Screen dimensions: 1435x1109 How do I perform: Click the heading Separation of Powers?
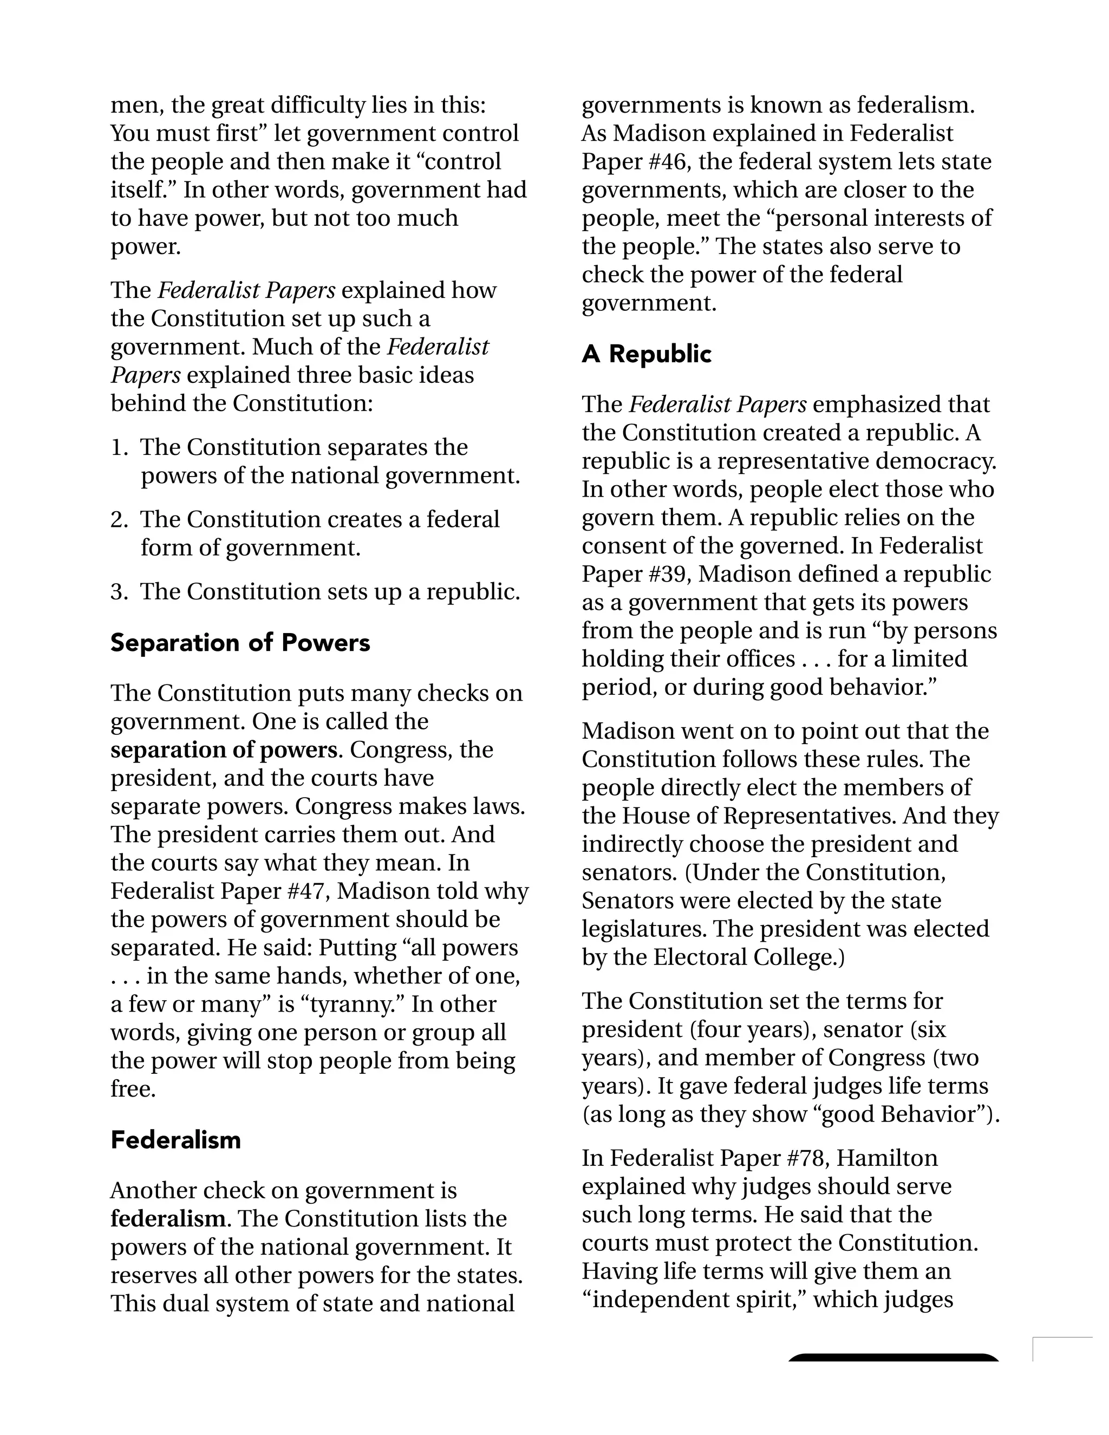240,643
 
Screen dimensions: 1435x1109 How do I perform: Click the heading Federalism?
175,1139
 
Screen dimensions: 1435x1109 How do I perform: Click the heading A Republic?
646,354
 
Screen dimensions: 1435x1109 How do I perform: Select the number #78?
805,1158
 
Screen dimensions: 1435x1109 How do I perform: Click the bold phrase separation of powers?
224,749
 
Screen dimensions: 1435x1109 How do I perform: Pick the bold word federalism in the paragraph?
167,1219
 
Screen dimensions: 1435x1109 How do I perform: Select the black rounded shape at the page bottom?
893,1358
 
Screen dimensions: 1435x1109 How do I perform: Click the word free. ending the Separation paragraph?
133,1090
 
